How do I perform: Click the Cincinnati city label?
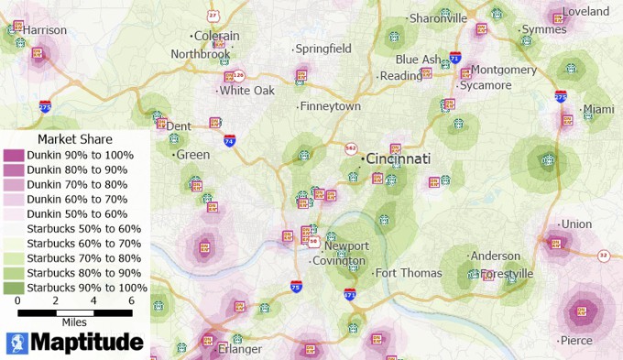click(x=399, y=158)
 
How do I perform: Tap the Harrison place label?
click(x=45, y=30)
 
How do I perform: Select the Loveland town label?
click(x=586, y=12)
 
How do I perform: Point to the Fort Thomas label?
click(x=409, y=272)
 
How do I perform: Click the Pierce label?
click(x=576, y=340)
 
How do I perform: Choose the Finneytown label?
click(x=331, y=106)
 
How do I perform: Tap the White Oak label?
click(x=246, y=91)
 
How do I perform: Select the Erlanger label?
click(x=240, y=349)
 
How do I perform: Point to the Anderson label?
click(x=495, y=256)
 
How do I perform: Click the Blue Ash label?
click(x=419, y=60)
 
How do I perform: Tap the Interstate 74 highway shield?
click(x=229, y=141)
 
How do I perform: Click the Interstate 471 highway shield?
click(x=350, y=295)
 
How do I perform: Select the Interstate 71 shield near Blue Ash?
click(x=455, y=59)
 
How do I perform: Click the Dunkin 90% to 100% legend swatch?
click(x=14, y=155)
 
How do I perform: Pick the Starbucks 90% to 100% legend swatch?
click(x=14, y=288)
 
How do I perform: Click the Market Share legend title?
click(x=75, y=139)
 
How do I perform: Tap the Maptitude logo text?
click(x=87, y=343)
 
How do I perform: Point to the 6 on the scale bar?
click(x=132, y=300)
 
